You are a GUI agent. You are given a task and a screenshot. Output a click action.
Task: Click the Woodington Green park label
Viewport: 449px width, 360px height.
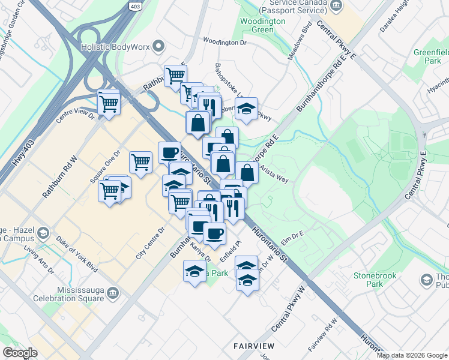[x=262, y=25]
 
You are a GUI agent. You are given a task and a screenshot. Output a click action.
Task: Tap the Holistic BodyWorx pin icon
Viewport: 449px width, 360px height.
[x=158, y=45]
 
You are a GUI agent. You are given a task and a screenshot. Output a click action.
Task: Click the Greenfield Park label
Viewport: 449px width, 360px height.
[x=430, y=56]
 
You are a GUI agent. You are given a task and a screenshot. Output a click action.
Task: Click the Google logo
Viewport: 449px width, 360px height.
[x=20, y=353]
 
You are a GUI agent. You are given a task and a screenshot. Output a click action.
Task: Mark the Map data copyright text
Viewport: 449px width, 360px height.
[x=411, y=355]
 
